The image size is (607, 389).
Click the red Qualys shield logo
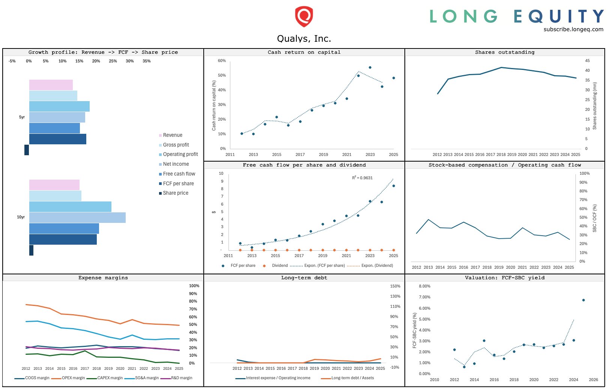coord(303,17)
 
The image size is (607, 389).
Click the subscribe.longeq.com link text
coord(573,29)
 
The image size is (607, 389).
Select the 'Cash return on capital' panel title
coord(304,52)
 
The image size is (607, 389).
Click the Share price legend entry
coord(175,193)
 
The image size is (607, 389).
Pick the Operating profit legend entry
coord(180,154)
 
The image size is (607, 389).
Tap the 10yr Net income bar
coord(77,218)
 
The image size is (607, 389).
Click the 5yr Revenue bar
coord(51,85)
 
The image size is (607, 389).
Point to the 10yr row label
coord(21,217)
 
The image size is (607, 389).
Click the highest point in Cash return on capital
coord(370,68)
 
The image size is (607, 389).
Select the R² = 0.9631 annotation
coord(362,178)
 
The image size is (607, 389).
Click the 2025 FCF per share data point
coord(394,186)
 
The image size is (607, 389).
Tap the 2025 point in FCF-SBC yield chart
coord(583,300)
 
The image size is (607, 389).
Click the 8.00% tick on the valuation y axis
coord(424,286)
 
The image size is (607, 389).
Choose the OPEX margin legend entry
coord(73,378)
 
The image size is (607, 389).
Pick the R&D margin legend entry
coord(181,378)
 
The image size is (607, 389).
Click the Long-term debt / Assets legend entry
coord(352,378)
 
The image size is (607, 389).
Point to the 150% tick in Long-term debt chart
coord(395,286)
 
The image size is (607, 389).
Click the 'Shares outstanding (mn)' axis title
coord(595,106)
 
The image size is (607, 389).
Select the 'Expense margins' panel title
coord(103,278)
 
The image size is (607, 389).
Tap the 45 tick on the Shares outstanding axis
coord(587,61)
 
